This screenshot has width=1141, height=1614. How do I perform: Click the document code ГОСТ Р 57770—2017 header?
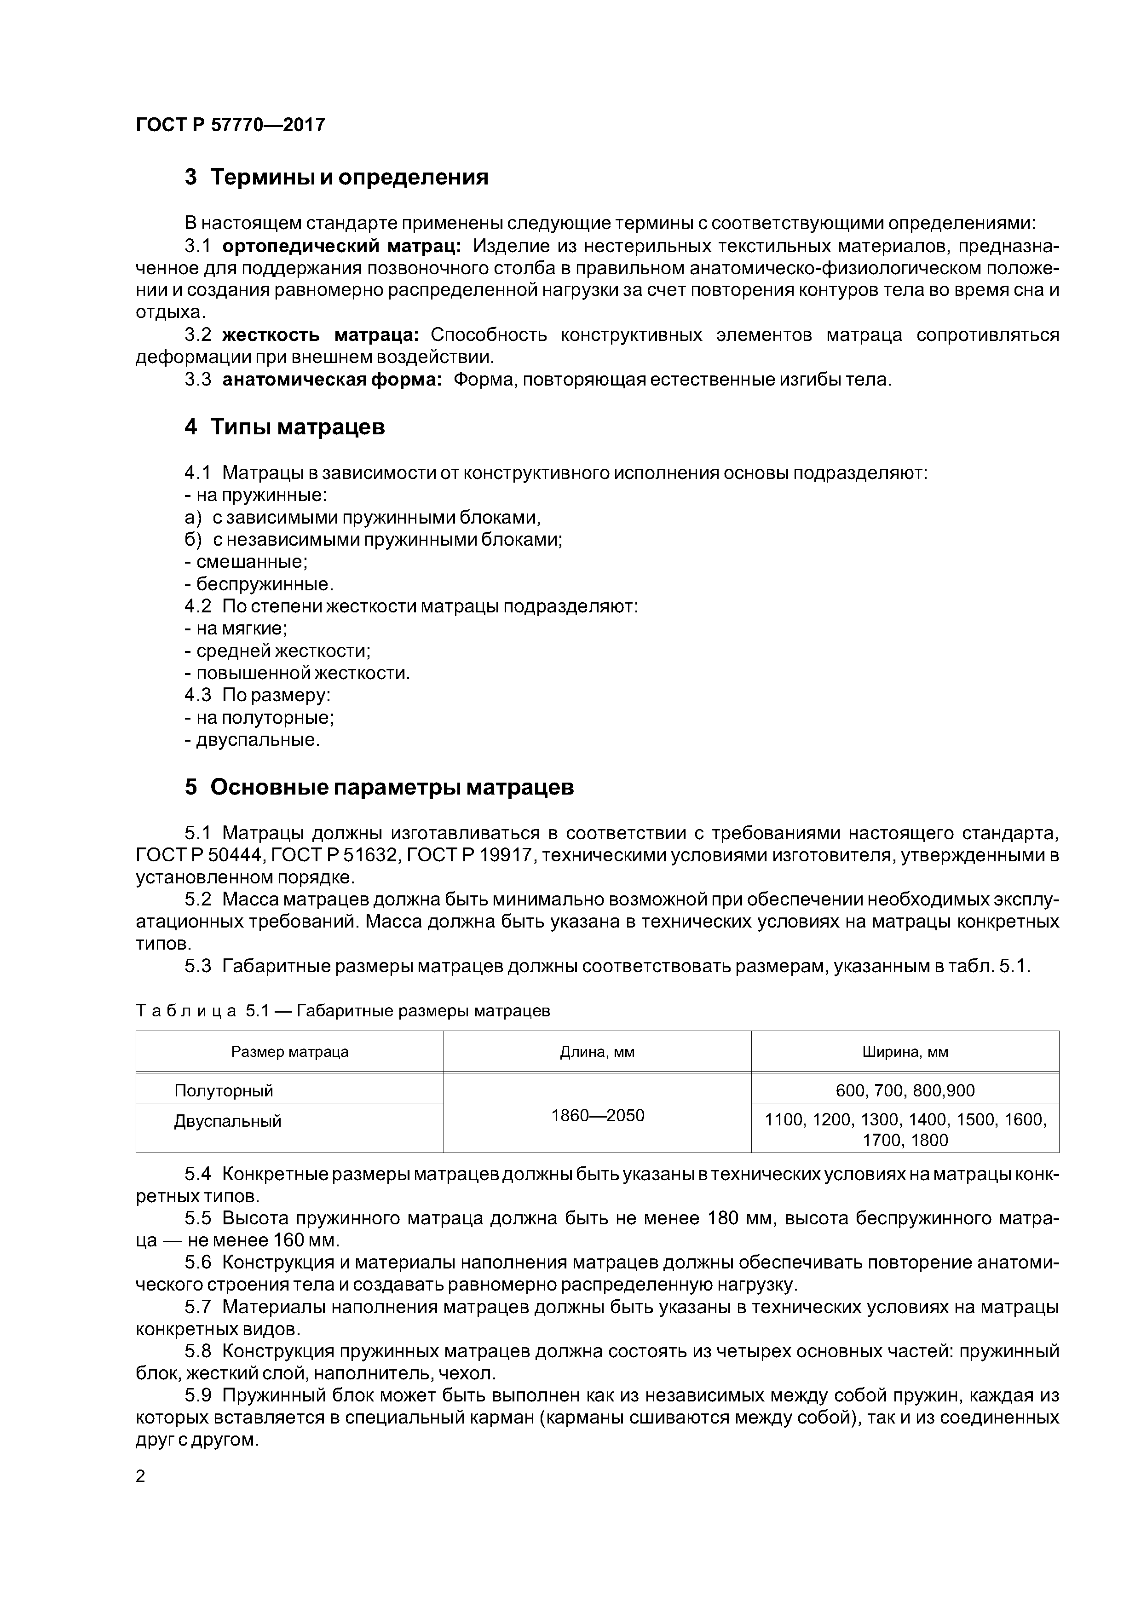coord(230,125)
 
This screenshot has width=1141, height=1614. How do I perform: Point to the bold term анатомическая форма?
coord(332,380)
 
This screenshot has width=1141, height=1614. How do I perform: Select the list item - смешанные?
coord(246,562)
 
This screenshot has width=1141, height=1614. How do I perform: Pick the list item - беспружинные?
coord(259,584)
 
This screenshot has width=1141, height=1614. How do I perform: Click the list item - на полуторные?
coord(259,718)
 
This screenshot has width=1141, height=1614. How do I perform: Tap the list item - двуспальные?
coord(252,740)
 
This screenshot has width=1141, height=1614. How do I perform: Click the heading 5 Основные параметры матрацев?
coord(379,787)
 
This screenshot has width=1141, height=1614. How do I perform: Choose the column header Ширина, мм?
coord(905,1052)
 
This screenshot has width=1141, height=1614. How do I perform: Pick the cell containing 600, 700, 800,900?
coord(905,1091)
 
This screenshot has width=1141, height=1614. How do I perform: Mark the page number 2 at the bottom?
coord(141,1476)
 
